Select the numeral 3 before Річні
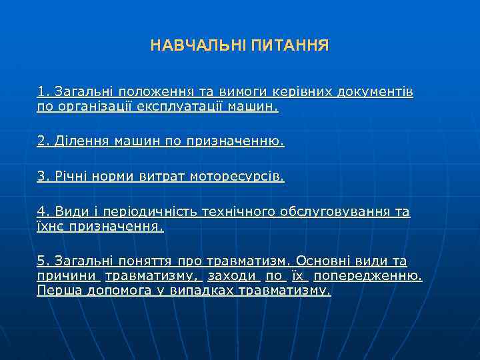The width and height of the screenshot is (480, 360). pyautogui.click(x=41, y=177)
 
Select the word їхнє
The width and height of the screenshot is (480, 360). pyautogui.click(x=51, y=227)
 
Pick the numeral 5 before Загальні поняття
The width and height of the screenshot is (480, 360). pyautogui.click(x=41, y=261)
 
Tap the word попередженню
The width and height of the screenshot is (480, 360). pyautogui.click(x=368, y=276)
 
